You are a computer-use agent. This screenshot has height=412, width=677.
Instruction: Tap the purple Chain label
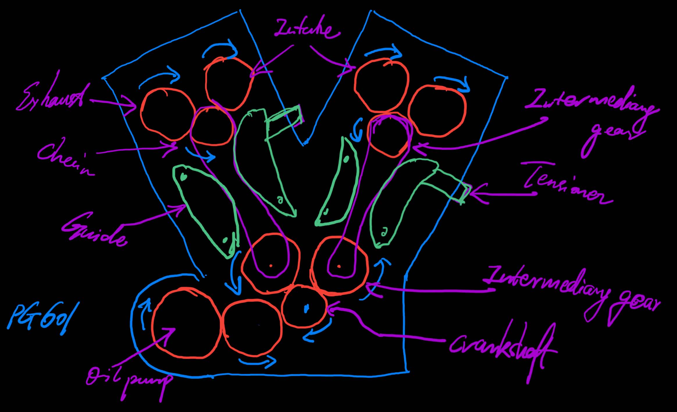tap(65, 158)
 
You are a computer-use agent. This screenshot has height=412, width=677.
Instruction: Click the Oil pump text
tap(128, 380)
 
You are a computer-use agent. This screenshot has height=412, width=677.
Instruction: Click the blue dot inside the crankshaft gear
tap(306, 309)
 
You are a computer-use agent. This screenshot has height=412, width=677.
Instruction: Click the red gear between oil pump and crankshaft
tap(252, 328)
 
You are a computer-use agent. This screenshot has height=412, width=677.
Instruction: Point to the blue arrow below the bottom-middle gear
tap(257, 362)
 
